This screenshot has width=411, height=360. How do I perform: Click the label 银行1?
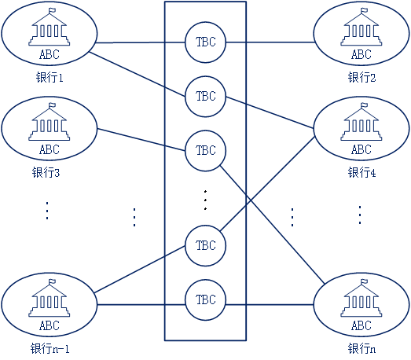50,78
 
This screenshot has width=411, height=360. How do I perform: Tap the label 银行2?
361,78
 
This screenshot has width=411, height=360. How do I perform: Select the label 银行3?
46,172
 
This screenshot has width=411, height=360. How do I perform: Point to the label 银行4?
361,172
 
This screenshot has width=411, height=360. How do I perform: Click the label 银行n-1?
50,349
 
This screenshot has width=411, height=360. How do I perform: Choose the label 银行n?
361,349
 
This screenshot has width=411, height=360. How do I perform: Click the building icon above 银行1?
50,27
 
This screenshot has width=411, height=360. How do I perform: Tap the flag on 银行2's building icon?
365,11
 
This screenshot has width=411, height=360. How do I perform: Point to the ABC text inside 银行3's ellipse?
50,149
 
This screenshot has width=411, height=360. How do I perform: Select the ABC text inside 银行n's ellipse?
361,326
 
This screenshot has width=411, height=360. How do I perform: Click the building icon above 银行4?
361,122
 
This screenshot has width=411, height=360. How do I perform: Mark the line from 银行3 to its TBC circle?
141,140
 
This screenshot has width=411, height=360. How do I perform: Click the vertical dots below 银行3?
47,211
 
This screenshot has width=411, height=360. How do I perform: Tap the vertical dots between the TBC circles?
206,200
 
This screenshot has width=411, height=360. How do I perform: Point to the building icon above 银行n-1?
50,298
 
